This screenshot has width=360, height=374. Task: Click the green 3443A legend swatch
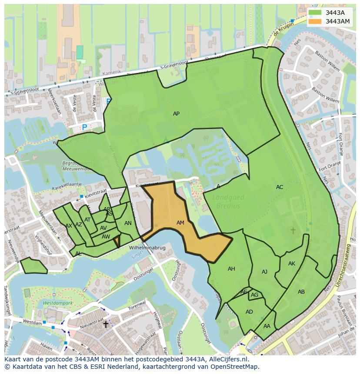tap(316, 12)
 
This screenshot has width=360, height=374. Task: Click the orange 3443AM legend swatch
tap(316, 21)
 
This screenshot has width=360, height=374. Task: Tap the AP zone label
tap(176, 114)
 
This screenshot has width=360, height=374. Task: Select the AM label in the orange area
tap(180, 223)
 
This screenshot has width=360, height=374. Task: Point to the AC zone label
tap(280, 187)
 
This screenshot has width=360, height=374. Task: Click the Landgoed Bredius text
tap(228, 202)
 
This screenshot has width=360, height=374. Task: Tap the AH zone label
tap(231, 269)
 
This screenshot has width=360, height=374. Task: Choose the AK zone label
tap(292, 264)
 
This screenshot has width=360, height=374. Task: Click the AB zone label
tap(301, 292)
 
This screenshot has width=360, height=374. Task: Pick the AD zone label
tap(249, 312)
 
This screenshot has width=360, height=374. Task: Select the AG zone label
tap(255, 295)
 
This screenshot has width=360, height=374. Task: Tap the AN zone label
tap(128, 223)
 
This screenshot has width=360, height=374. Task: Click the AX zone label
tap(69, 226)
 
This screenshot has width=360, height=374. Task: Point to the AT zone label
tap(87, 220)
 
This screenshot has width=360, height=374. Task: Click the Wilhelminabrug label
tap(147, 248)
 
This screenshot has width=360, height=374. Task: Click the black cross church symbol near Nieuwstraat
tap(105, 324)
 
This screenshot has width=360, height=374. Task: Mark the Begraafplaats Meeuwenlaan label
tap(77, 166)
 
